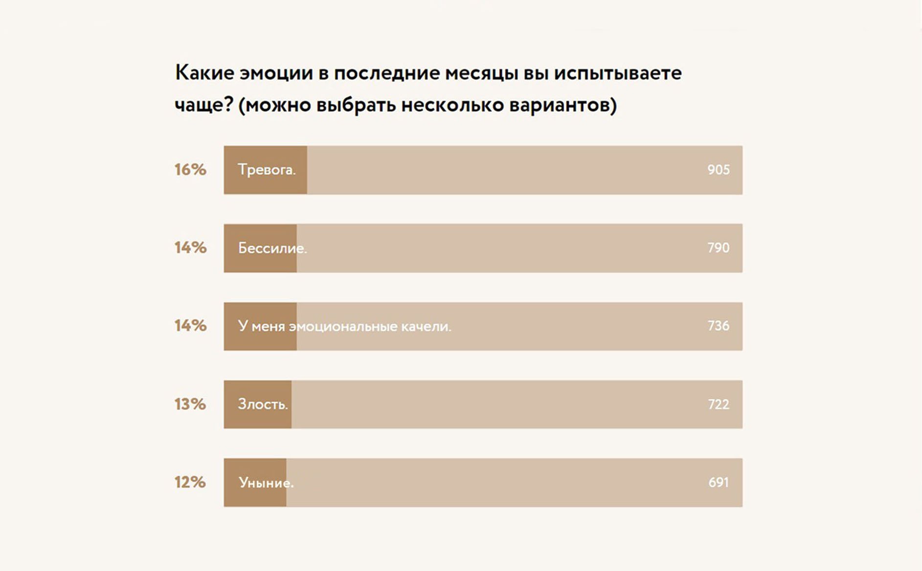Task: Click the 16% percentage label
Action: (190, 170)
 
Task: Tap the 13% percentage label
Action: (190, 404)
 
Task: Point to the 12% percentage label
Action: (190, 482)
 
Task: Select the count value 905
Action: (718, 170)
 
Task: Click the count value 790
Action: (718, 248)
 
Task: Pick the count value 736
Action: (718, 326)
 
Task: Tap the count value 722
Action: (718, 404)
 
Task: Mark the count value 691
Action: (718, 482)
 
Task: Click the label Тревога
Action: (267, 170)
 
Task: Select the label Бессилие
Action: (272, 249)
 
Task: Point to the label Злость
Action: (263, 405)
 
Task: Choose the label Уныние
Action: (266, 483)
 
